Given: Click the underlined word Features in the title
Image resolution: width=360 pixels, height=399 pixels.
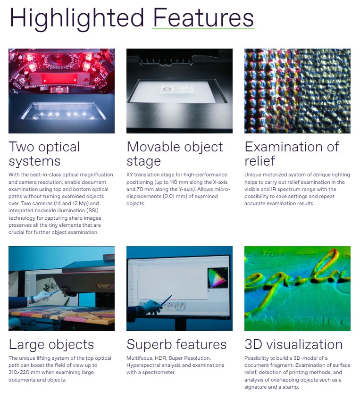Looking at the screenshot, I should (x=203, y=18).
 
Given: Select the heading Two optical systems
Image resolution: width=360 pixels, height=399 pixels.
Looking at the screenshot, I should (x=44, y=154).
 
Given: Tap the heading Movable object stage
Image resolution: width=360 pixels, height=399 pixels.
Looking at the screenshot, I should (x=175, y=154).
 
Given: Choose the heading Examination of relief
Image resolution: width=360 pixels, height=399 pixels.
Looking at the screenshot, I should (x=292, y=154).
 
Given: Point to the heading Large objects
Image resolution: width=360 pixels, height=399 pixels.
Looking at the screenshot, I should (x=51, y=344).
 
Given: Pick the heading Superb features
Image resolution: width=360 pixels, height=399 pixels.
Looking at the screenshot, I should (x=176, y=344).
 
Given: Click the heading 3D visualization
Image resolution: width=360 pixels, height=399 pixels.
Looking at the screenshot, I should (x=293, y=344).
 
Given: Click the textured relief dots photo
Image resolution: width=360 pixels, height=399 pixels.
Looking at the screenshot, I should (x=297, y=91).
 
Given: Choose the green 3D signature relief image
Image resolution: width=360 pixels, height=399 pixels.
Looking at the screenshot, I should (x=297, y=288).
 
